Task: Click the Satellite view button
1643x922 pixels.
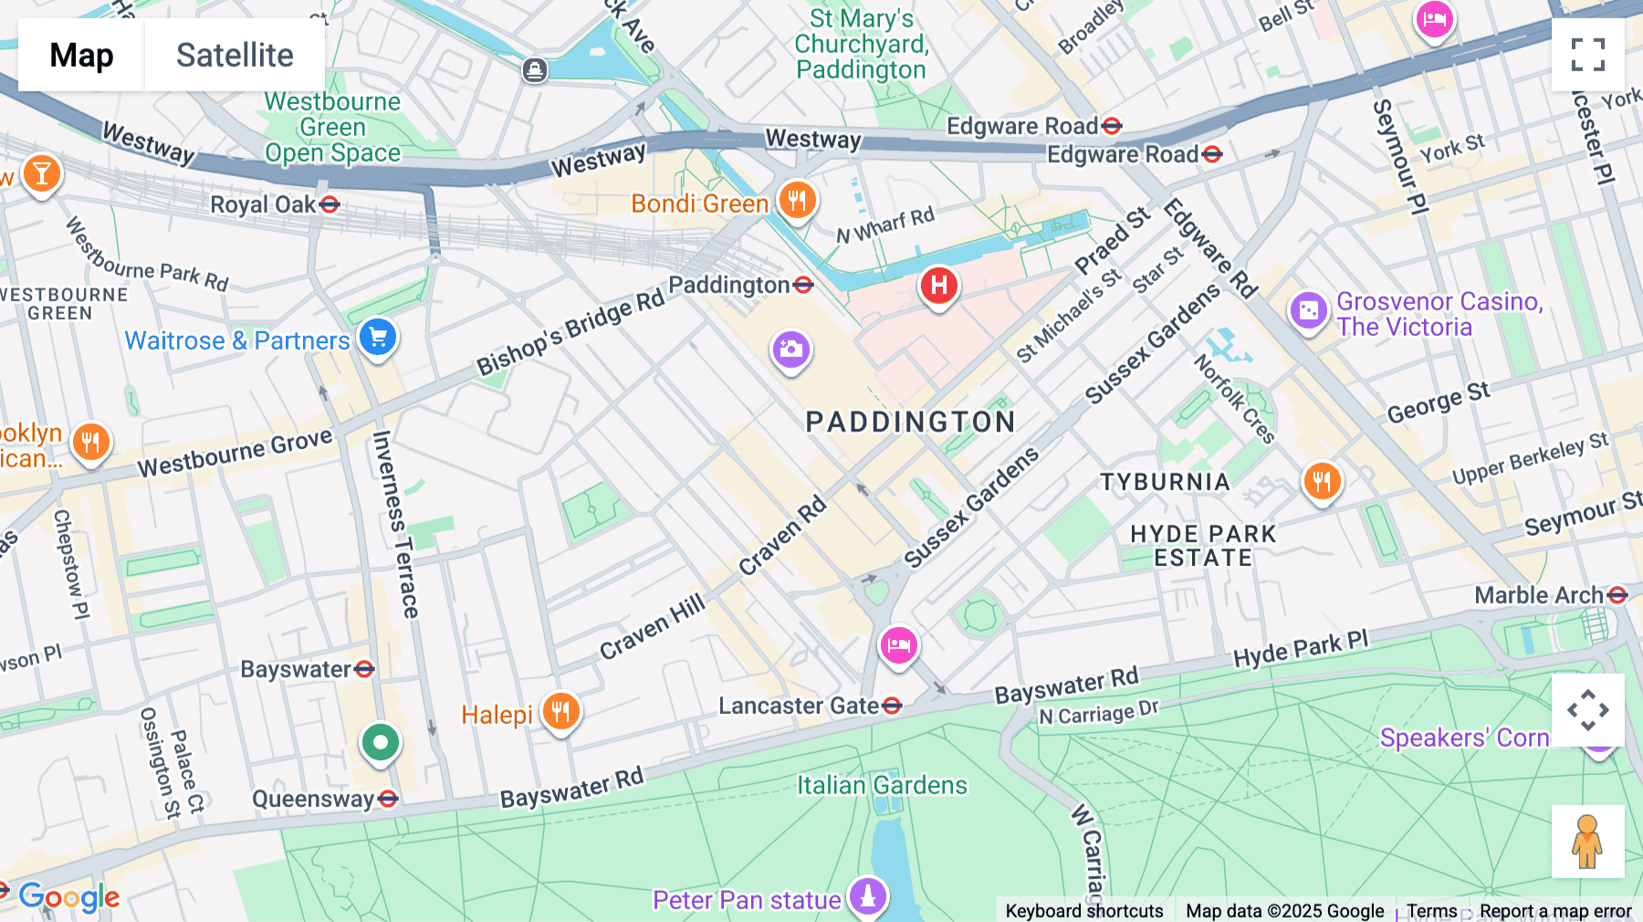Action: pos(235,55)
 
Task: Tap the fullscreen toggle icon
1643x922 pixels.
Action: pos(1587,55)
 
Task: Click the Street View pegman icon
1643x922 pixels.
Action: pos(1587,841)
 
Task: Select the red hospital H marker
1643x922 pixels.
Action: pos(938,286)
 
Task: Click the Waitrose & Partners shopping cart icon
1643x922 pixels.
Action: pos(377,338)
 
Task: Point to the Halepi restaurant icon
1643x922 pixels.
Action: pos(560,710)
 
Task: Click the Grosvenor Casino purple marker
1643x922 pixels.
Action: pos(1308,310)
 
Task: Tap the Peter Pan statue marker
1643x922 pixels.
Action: pos(867,896)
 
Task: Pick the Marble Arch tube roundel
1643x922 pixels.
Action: pos(1617,595)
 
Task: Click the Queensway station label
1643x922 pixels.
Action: pos(313,800)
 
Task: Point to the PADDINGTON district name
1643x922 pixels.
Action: pos(910,422)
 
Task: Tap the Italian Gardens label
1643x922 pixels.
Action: pos(882,785)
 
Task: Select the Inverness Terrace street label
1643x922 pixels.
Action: pos(395,524)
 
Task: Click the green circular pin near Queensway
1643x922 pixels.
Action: pos(380,742)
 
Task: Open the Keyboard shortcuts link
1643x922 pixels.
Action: pos(1083,910)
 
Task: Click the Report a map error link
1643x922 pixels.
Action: pos(1554,910)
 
